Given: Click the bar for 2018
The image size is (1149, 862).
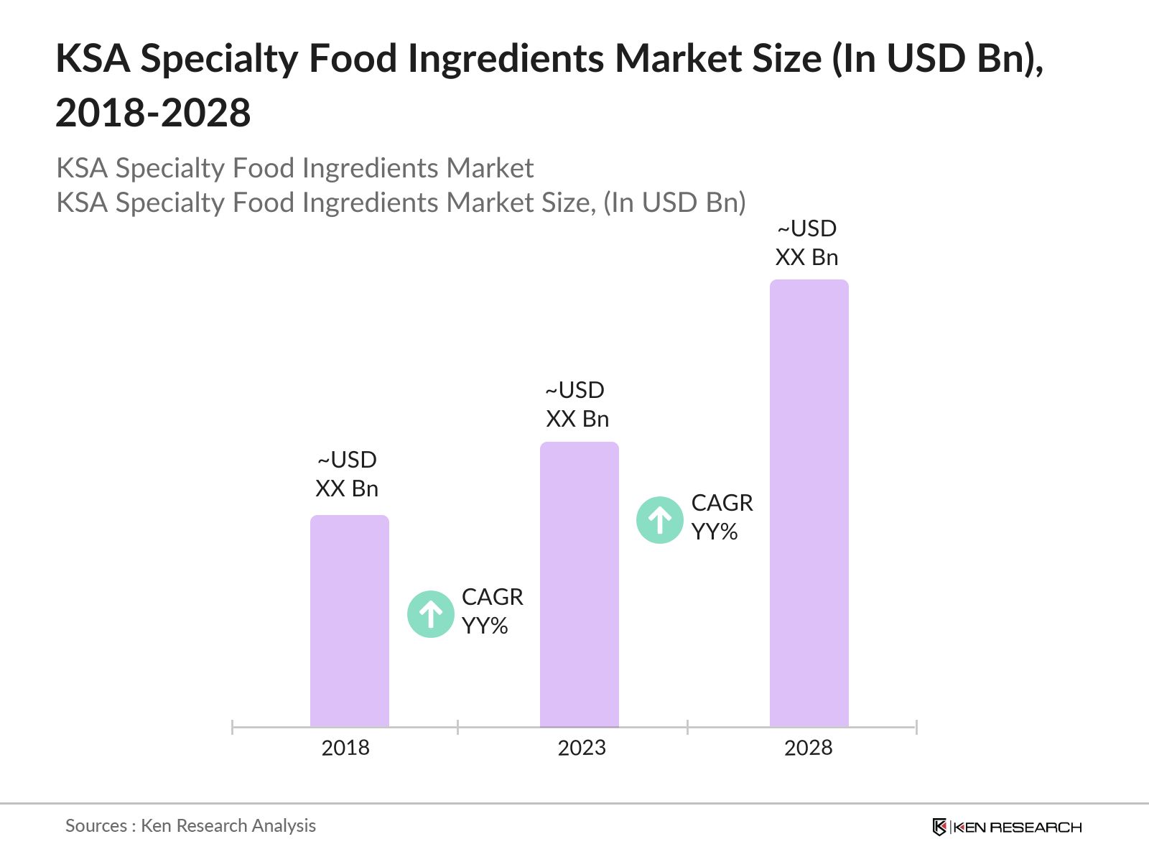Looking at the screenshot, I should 349,621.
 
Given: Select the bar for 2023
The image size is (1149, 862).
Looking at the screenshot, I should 579,585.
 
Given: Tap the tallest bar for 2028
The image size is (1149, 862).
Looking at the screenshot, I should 809,503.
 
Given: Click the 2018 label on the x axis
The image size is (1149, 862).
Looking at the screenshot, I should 345,748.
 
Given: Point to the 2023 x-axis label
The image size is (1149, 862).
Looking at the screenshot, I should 582,748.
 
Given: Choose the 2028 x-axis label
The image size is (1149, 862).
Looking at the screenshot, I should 808,748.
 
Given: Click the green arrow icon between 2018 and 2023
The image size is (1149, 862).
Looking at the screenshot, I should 431,614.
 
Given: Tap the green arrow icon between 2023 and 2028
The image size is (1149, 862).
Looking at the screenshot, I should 660,519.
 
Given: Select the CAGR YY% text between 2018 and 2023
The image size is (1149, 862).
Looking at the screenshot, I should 492,611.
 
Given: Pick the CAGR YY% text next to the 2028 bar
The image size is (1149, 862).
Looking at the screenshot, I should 722,517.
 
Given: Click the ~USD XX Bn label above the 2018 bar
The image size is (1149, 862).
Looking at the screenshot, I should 347,474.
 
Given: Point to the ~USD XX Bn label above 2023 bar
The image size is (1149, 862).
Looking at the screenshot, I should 577,404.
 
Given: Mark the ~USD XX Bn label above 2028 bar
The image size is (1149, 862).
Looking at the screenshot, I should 807,243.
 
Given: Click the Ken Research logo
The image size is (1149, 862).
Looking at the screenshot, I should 1007,827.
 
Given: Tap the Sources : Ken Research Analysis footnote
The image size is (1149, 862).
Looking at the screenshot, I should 190,826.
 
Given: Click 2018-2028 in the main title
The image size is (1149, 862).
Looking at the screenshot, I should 153,113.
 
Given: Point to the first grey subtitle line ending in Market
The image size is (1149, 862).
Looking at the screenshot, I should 294,168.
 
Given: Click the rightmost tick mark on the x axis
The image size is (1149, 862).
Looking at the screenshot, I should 916,727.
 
